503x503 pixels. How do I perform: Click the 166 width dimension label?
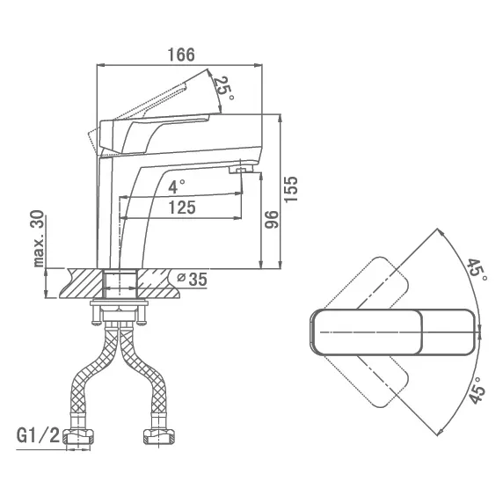click(181, 55)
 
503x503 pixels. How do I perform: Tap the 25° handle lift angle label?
click(224, 88)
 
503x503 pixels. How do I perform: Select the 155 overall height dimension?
click(291, 189)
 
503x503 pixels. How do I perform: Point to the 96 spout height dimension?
click(272, 220)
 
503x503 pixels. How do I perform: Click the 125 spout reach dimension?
click(182, 208)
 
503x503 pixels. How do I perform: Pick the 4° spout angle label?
click(177, 186)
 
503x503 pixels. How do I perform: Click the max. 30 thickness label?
click(38, 238)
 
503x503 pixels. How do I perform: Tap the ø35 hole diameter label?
click(193, 279)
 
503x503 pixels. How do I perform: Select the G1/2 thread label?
click(38, 436)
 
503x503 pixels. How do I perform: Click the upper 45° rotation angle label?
click(477, 270)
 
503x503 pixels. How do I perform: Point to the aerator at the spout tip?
click(241, 169)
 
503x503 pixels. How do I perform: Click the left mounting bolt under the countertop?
click(96, 315)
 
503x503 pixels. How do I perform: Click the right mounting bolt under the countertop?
click(142, 315)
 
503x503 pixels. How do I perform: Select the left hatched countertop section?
click(82, 283)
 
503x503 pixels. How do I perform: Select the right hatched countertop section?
click(159, 283)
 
